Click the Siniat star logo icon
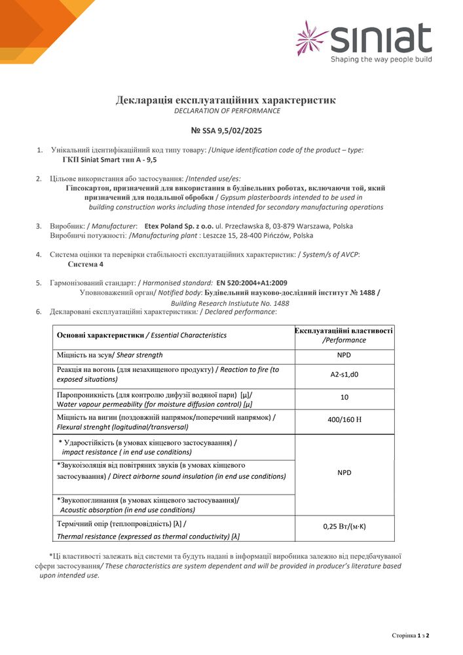[x=312, y=37]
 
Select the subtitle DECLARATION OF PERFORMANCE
[x=227, y=111]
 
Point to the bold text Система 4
[x=85, y=264]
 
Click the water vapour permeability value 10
[x=344, y=396]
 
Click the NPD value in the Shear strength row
[x=344, y=356]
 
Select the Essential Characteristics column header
[x=141, y=335]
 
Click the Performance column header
[x=344, y=335]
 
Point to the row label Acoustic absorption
[x=127, y=510]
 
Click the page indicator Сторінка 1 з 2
[x=410, y=635]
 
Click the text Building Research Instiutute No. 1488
[x=230, y=303]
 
